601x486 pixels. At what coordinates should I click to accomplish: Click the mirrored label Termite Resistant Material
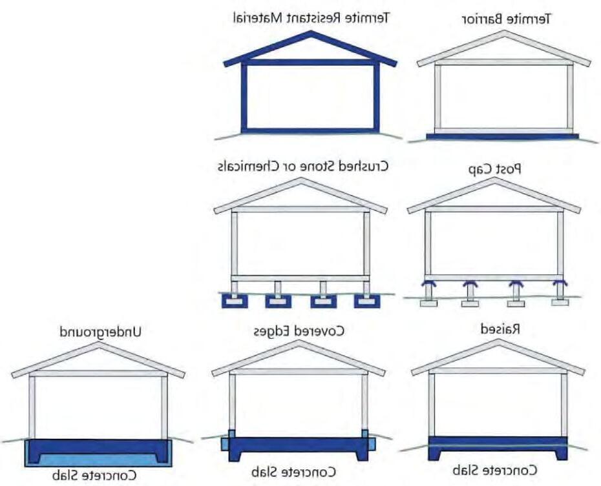[311, 17]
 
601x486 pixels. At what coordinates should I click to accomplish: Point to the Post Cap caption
[494, 168]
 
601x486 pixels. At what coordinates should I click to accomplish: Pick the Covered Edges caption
[298, 331]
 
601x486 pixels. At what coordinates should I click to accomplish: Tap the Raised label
[501, 329]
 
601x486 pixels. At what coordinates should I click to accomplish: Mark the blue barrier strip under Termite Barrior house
[502, 137]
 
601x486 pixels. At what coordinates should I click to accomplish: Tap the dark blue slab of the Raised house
[498, 447]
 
